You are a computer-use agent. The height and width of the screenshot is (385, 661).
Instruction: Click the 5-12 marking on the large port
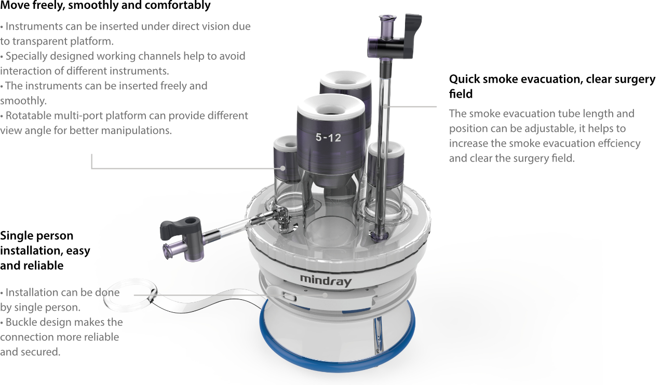coord(328,137)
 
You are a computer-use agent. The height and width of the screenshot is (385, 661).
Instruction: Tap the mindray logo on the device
coord(326,280)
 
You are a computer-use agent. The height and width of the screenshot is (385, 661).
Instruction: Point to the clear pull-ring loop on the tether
coord(130,295)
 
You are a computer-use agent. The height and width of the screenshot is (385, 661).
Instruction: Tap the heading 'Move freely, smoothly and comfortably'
coord(105,5)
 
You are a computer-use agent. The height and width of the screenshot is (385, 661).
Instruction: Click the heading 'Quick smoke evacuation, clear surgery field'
coord(552,86)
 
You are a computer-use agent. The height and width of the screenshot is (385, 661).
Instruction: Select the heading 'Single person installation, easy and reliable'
coord(45,250)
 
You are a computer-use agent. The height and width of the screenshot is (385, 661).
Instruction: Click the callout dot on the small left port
coord(282,168)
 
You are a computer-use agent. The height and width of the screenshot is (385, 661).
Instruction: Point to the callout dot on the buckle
coord(325,295)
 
